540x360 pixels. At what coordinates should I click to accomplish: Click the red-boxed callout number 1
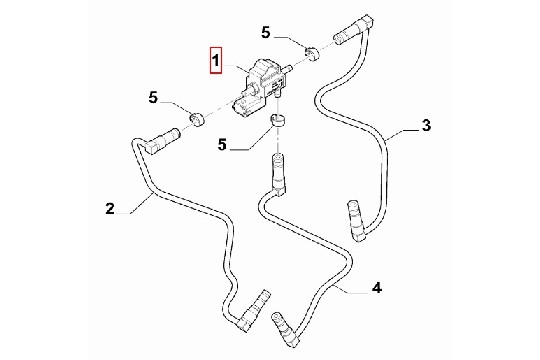[x=215, y=61]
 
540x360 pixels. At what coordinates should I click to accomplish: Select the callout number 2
[x=110, y=208]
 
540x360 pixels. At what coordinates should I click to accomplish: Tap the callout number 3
[x=426, y=125]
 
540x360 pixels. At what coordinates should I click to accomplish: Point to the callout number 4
[x=377, y=287]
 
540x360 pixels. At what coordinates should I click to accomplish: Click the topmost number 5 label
[x=266, y=33]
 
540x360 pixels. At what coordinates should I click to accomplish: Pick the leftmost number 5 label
[x=153, y=97]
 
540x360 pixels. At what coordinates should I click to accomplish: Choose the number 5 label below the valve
[x=222, y=144]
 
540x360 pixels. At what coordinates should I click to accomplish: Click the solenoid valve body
[x=263, y=82]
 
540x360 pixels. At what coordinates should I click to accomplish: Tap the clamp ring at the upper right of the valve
[x=312, y=53]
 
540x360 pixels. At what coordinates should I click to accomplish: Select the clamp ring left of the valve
[x=197, y=119]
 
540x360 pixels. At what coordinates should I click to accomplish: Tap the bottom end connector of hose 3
[x=355, y=220]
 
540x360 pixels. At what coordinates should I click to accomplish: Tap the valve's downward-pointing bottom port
[x=277, y=94]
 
